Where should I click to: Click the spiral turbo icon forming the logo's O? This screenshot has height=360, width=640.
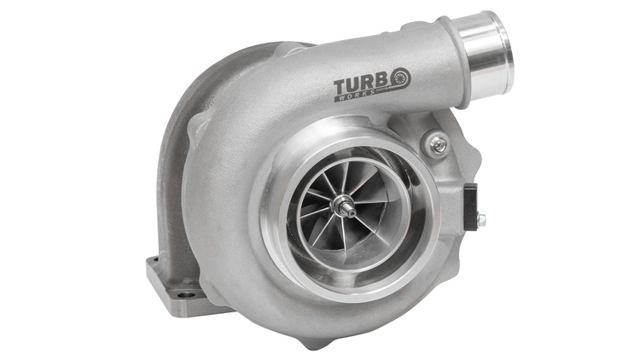click(x=399, y=78)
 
